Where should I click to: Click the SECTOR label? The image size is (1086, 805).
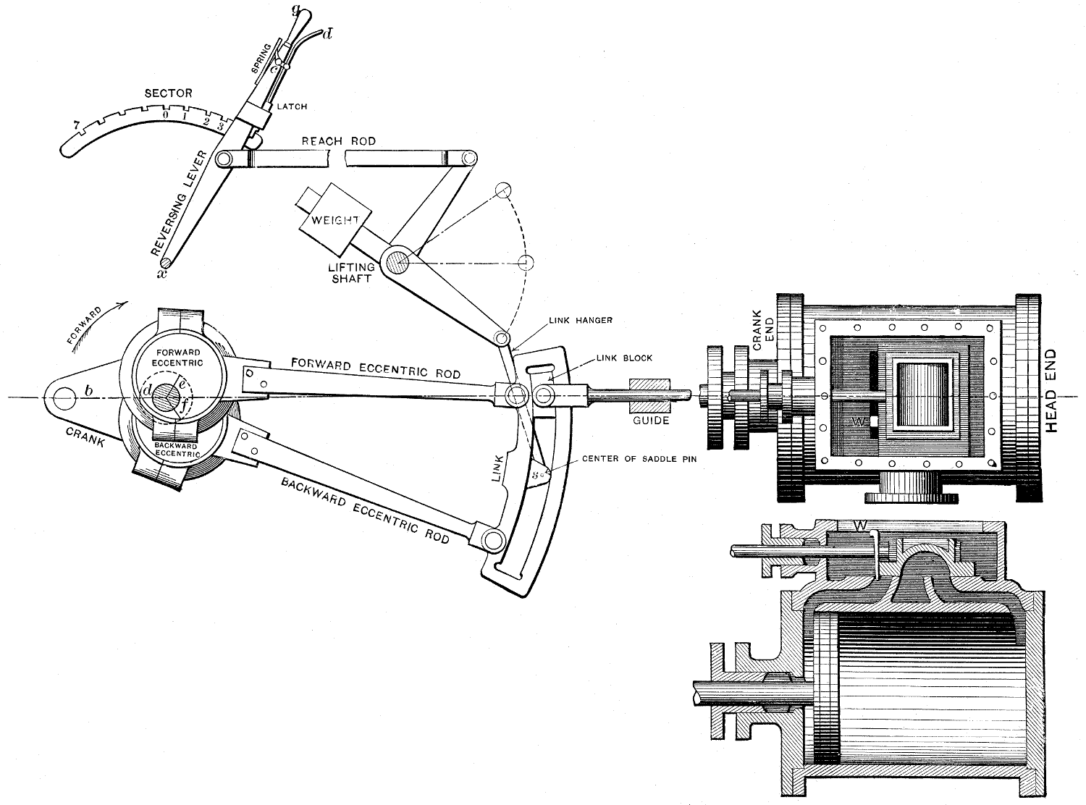coord(168,93)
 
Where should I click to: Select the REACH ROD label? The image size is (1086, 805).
coord(339,140)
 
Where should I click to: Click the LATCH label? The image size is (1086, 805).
coord(291,106)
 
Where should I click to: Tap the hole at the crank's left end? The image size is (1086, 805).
coord(62,397)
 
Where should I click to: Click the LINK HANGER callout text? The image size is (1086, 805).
coord(581,319)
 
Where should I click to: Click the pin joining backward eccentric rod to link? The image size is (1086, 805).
coord(492,539)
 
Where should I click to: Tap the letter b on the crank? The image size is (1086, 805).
coord(88,392)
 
